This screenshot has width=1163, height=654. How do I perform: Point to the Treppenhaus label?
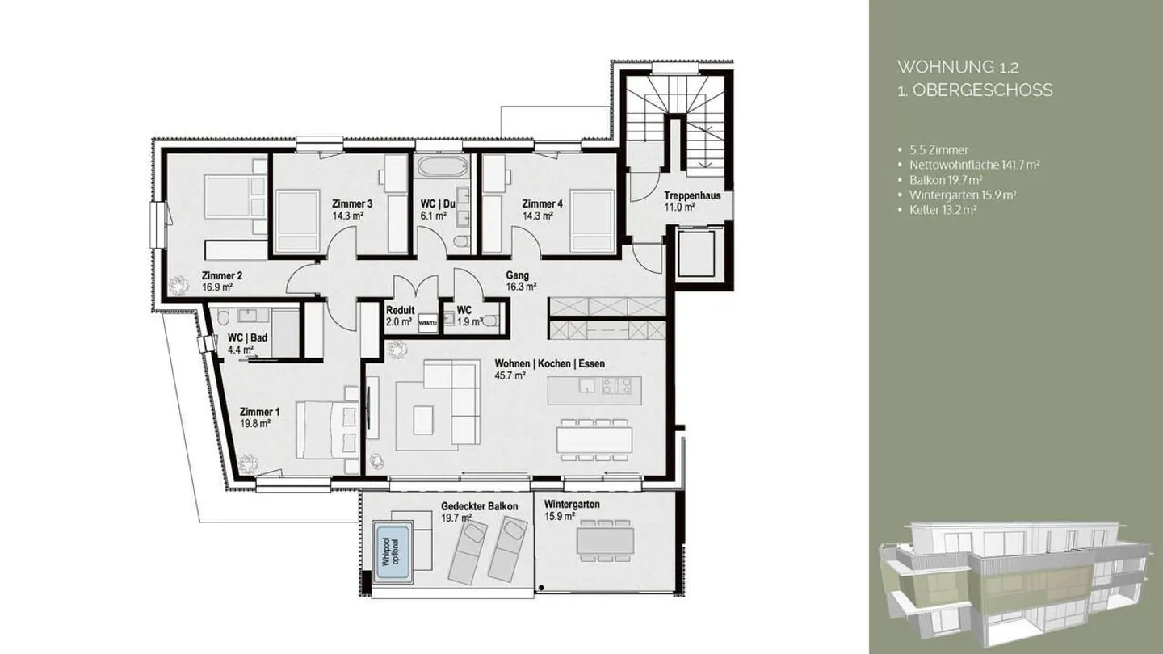(692, 195)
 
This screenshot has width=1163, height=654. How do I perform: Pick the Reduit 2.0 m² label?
(400, 310)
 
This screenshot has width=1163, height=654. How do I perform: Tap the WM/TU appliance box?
(427, 323)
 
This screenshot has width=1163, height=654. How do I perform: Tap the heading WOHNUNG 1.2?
(941, 66)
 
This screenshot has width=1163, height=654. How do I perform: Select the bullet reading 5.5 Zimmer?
(936, 149)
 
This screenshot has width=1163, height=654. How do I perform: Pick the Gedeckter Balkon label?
(479, 506)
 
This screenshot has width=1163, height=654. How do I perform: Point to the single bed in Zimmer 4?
(591, 220)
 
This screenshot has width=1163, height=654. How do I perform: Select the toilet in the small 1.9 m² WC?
(489, 321)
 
